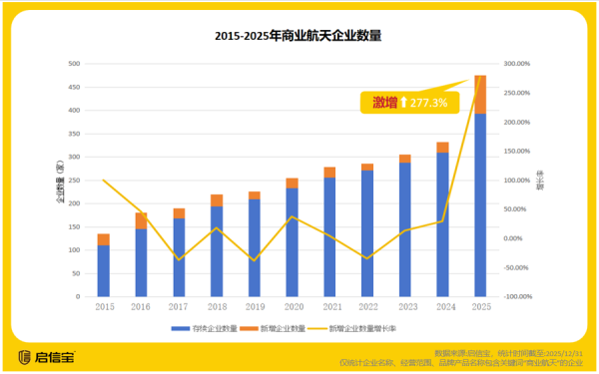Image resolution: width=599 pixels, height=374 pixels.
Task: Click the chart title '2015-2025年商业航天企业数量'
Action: coord(299,35)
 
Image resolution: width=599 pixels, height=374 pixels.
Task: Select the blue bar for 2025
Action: coord(480,204)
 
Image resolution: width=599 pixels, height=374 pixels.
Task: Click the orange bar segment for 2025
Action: coord(480,94)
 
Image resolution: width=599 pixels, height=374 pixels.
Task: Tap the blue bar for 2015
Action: coord(103,270)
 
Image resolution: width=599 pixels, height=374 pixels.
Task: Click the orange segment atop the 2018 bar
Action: coord(217,200)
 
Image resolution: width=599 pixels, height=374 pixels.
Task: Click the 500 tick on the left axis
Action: coord(74,63)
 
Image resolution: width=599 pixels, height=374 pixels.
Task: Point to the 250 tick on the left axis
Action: coord(74,180)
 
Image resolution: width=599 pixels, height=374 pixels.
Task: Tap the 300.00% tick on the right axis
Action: coord(517,63)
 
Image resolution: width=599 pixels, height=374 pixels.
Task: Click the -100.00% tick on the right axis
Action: coord(517,296)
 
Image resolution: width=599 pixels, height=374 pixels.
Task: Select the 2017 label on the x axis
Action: coord(179,307)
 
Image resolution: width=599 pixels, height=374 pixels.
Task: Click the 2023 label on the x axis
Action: coord(405,307)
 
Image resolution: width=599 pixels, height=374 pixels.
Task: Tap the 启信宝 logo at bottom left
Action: coord(46,355)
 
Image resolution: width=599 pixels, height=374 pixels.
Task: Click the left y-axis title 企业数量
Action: coord(60,180)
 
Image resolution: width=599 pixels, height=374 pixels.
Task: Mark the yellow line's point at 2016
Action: coord(141,216)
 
